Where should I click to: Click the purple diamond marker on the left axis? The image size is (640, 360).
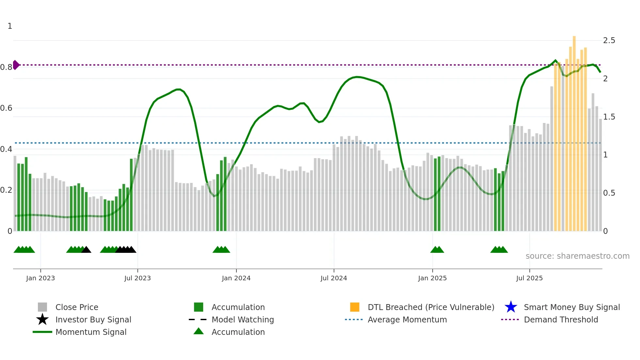[16, 65]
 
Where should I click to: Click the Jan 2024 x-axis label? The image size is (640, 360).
[236, 278]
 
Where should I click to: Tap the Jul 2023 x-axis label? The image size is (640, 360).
[137, 278]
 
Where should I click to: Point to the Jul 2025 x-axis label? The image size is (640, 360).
[529, 278]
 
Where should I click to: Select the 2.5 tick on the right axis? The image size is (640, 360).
[609, 41]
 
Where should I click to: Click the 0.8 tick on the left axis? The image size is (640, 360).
[6, 67]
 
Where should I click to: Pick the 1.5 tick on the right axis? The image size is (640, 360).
[609, 117]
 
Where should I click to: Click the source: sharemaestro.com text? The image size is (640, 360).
[577, 256]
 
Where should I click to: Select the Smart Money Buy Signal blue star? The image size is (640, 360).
[511, 307]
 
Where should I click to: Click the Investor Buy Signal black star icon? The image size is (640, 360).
[42, 319]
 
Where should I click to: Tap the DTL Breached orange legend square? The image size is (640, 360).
[355, 307]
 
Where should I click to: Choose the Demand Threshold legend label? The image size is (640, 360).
[561, 319]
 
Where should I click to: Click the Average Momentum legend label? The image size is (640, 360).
[407, 319]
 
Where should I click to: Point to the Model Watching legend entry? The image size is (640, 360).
[243, 319]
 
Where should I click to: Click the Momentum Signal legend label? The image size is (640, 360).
[91, 332]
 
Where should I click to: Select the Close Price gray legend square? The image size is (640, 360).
[42, 307]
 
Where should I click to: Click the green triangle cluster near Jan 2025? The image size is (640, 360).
[437, 250]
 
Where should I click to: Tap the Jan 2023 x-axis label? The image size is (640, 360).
[40, 278]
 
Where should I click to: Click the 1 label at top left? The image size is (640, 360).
[10, 26]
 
